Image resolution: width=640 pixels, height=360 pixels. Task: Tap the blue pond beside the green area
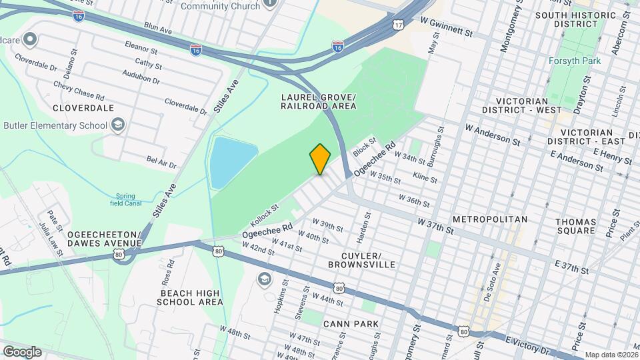[x=231, y=162]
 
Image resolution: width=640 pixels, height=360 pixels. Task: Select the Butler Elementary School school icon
[x=118, y=125]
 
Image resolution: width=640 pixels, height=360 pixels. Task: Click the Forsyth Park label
[x=575, y=61]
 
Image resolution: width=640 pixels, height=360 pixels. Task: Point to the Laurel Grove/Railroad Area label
[x=318, y=101]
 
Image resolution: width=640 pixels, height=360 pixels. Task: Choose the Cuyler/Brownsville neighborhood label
[x=361, y=260]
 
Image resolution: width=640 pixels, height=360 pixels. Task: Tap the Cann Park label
[x=351, y=324]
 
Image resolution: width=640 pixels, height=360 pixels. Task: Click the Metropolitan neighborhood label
[x=489, y=219]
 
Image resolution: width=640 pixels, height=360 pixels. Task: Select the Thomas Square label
[x=575, y=225]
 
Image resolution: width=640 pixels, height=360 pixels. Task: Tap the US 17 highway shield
[x=398, y=25]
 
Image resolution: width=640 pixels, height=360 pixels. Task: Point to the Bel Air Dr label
[x=161, y=162]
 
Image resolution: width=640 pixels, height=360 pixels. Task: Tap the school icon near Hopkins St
[x=265, y=278]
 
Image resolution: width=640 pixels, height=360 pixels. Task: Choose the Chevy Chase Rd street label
[x=79, y=87]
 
